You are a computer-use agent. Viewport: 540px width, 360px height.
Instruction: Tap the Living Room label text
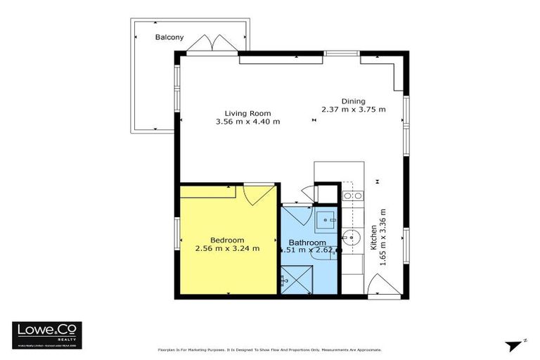[247, 113]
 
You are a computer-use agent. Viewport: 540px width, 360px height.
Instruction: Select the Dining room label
[354, 101]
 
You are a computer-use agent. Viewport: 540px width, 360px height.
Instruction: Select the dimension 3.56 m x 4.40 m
[247, 122]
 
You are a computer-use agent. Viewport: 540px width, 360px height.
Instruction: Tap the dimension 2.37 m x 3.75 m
[354, 110]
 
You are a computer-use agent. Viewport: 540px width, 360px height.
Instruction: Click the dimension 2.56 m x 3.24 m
[227, 247]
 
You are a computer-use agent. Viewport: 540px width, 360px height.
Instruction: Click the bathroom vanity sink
[326, 219]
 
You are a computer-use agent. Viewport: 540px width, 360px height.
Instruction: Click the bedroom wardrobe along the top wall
[207, 192]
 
